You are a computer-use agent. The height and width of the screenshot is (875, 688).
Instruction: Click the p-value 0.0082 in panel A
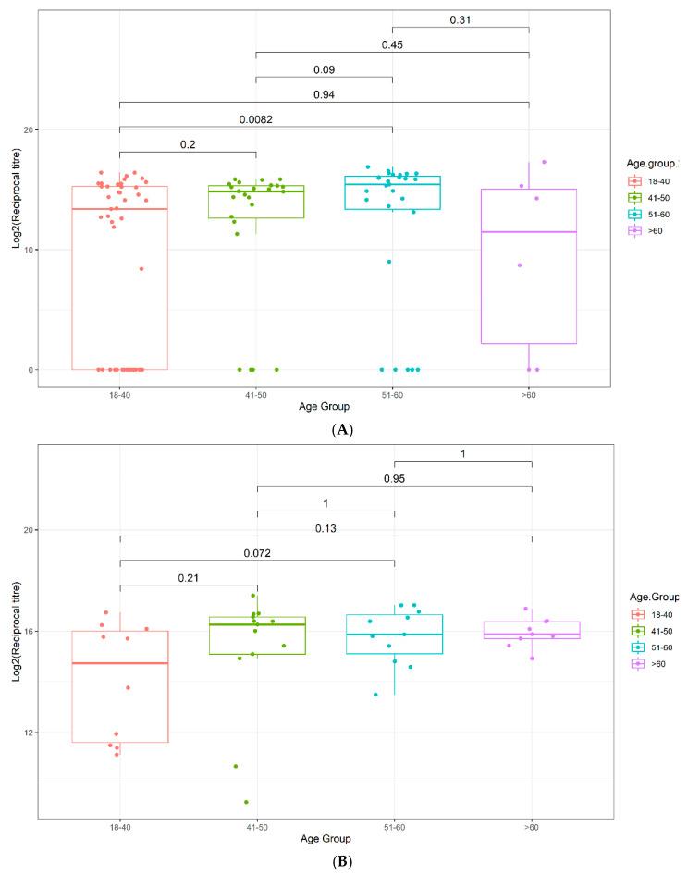point(256,118)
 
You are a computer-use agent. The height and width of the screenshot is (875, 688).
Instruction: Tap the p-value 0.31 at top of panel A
point(461,18)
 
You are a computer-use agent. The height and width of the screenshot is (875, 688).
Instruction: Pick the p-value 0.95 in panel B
point(393,478)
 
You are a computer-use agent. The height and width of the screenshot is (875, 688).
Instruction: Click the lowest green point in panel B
point(246,802)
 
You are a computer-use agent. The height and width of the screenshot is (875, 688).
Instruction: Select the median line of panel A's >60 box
point(529,232)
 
